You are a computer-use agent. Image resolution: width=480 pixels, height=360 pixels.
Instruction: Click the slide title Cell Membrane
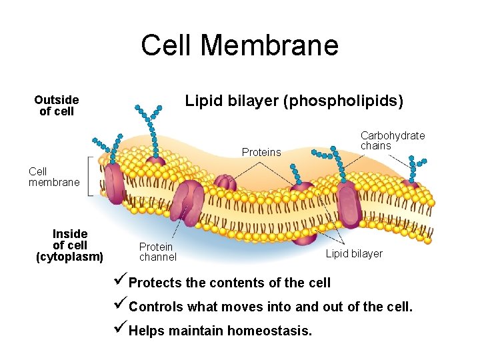[x=240, y=45]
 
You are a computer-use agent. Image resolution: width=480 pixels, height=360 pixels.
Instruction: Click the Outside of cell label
[x=57, y=105]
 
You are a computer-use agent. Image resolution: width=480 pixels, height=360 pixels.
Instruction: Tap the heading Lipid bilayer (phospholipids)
[x=294, y=101]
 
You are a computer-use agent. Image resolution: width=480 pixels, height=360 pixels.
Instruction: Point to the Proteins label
[x=261, y=153]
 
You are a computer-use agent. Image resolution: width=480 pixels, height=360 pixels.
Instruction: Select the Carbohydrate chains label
[x=392, y=141]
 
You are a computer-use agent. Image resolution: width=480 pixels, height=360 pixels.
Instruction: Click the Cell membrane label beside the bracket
[x=54, y=177]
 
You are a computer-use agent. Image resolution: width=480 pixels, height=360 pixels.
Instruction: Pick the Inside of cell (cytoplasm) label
[x=69, y=245]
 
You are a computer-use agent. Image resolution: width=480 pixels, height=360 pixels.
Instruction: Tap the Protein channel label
[x=157, y=252]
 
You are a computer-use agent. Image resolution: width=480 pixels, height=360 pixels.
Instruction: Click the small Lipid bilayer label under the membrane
[x=353, y=253]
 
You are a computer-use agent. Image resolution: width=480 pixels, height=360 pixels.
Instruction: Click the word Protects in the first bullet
[x=155, y=283]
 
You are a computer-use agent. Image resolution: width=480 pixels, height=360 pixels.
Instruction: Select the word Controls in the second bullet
[x=157, y=307]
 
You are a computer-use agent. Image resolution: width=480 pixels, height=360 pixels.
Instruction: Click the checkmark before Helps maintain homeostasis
[x=120, y=329]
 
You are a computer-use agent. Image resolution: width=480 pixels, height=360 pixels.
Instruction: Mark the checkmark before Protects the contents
[x=120, y=281]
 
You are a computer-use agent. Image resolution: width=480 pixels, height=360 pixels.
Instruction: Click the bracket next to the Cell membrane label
[x=91, y=176]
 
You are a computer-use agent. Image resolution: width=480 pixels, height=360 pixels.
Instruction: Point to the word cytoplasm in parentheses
[x=69, y=256]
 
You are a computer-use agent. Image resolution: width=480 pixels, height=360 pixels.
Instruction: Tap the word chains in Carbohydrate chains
[x=375, y=146]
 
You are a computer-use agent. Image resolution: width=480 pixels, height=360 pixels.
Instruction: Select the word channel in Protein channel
[x=158, y=257]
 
